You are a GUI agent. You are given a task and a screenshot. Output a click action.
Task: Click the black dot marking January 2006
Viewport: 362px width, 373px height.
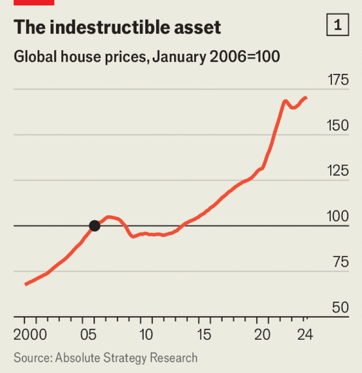click(95, 226)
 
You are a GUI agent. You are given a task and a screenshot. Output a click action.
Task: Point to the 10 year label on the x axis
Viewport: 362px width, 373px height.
click(147, 335)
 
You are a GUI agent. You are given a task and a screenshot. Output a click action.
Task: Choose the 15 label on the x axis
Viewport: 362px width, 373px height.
click(205, 335)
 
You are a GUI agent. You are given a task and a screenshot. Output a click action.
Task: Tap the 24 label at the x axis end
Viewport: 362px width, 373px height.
click(304, 335)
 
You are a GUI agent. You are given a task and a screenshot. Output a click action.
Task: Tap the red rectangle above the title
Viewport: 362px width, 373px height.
click(34, 2)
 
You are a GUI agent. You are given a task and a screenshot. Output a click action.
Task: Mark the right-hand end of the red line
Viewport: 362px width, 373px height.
click(306, 98)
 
